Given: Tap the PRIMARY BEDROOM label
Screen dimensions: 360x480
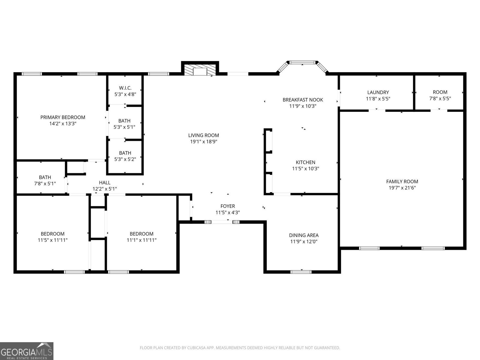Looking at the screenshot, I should pyautogui.click(x=63, y=117).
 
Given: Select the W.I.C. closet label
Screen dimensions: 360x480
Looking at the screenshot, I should pyautogui.click(x=125, y=88).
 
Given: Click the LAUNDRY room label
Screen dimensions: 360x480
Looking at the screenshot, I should pyautogui.click(x=378, y=92).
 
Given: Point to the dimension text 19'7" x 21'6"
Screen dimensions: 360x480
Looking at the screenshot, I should pyautogui.click(x=402, y=188).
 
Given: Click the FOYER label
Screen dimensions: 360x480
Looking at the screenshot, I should pyautogui.click(x=228, y=206).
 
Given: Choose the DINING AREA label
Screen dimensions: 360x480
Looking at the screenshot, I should pyautogui.click(x=304, y=235).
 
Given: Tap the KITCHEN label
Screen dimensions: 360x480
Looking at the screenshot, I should pyautogui.click(x=305, y=162).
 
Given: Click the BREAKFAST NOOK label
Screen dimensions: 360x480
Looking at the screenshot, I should pyautogui.click(x=303, y=100).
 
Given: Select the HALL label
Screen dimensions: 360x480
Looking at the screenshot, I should pyautogui.click(x=105, y=182).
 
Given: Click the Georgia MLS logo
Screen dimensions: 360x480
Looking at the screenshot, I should pyautogui.click(x=27, y=351).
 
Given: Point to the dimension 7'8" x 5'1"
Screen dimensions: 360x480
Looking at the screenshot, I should pyautogui.click(x=45, y=183).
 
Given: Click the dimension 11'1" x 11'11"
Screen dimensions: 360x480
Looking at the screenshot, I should pyautogui.click(x=142, y=240).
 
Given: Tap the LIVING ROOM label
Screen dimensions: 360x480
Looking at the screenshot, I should pyautogui.click(x=203, y=135).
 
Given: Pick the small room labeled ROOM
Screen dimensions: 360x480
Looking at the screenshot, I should pyautogui.click(x=440, y=92).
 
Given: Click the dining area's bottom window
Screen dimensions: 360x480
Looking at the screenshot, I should pyautogui.click(x=301, y=272).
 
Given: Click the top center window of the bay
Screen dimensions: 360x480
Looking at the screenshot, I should pyautogui.click(x=302, y=62).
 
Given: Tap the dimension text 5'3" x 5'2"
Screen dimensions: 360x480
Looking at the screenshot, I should pyautogui.click(x=125, y=159).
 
